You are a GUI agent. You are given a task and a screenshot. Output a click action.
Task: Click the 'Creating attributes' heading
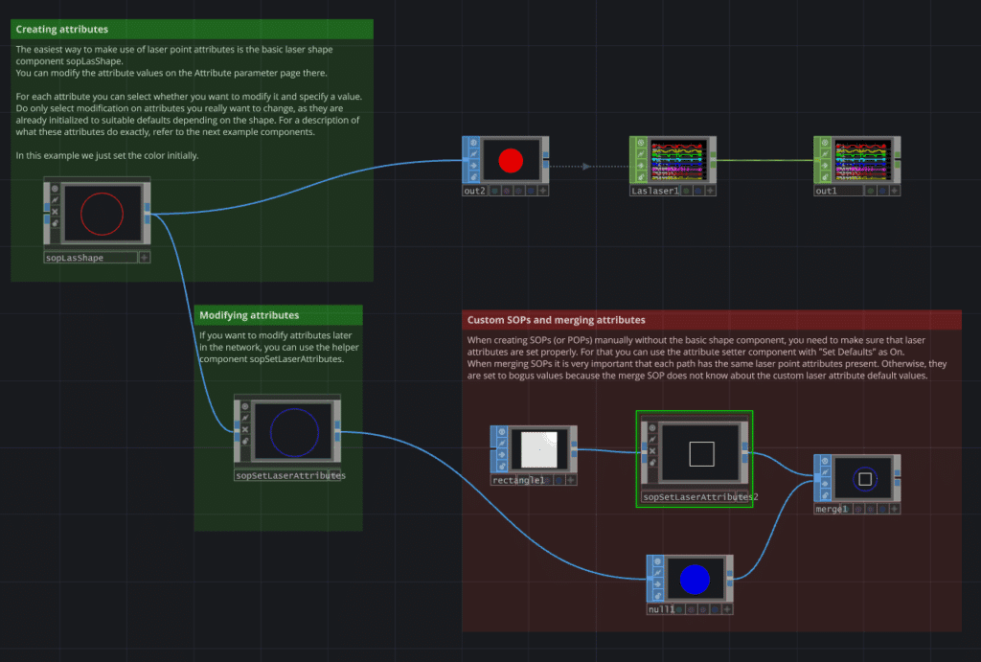pyautogui.click(x=62, y=30)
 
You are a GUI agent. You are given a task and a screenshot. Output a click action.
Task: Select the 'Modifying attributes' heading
pyautogui.click(x=249, y=315)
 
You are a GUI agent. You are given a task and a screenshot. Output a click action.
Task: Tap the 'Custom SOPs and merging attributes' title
pyautogui.click(x=556, y=320)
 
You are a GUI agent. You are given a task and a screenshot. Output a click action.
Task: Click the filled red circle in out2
pyautogui.click(x=511, y=159)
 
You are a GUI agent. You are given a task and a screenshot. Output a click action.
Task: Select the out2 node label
pyautogui.click(x=475, y=192)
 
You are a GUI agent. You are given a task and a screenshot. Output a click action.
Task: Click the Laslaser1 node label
pyautogui.click(x=654, y=192)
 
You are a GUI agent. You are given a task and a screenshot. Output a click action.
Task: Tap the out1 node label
pyautogui.click(x=826, y=192)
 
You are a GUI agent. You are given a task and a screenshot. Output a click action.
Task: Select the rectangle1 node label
pyautogui.click(x=518, y=480)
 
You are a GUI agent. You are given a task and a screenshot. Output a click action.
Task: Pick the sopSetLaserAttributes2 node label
pyautogui.click(x=700, y=497)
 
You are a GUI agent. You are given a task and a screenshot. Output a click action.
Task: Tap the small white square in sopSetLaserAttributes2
pyautogui.click(x=701, y=453)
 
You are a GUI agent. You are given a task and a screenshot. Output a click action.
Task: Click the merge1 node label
pyautogui.click(x=832, y=510)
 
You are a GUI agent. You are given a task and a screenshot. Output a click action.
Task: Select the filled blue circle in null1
pyautogui.click(x=694, y=579)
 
